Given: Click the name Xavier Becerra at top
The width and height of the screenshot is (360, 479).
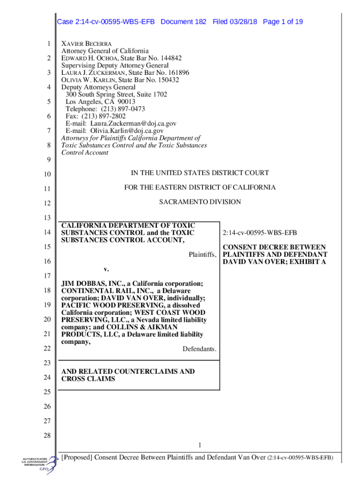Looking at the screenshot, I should (x=86, y=44).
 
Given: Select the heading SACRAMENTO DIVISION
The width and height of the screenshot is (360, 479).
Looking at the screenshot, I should (x=200, y=202).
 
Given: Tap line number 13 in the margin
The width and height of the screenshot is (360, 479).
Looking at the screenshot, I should (x=47, y=218).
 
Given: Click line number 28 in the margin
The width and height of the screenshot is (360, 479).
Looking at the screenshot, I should (x=47, y=436).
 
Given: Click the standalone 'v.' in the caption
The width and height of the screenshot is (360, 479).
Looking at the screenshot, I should (x=106, y=269).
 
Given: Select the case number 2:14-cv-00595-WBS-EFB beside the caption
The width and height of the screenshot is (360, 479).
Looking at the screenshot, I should (x=260, y=233).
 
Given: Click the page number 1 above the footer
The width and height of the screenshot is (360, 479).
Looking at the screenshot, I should (x=200, y=444).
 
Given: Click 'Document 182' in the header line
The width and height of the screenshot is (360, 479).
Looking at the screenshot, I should (x=183, y=22).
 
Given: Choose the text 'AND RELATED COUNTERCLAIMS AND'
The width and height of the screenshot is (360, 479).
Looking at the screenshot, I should (x=128, y=371).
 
